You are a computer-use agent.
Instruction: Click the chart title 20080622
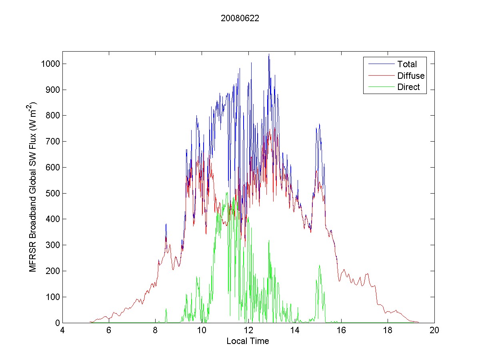[x=240, y=18]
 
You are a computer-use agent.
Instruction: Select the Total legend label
[x=407, y=64]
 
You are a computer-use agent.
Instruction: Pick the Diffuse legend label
[x=411, y=76]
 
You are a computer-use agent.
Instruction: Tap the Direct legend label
[x=408, y=87]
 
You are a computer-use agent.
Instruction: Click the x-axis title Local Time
[x=248, y=341]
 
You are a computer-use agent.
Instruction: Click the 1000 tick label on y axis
[x=51, y=64]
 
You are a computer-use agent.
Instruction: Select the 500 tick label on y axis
[x=53, y=193]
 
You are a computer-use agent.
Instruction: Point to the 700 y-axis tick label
[x=53, y=142]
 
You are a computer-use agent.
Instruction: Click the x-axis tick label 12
[x=248, y=331]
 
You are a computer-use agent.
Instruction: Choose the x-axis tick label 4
[x=62, y=331]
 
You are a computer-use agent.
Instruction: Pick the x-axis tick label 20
[x=434, y=331]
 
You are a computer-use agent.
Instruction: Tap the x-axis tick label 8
[x=156, y=331]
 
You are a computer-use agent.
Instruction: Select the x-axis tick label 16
[x=341, y=331]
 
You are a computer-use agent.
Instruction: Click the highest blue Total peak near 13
[x=269, y=54]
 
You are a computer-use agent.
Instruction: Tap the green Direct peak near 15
[x=319, y=265]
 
